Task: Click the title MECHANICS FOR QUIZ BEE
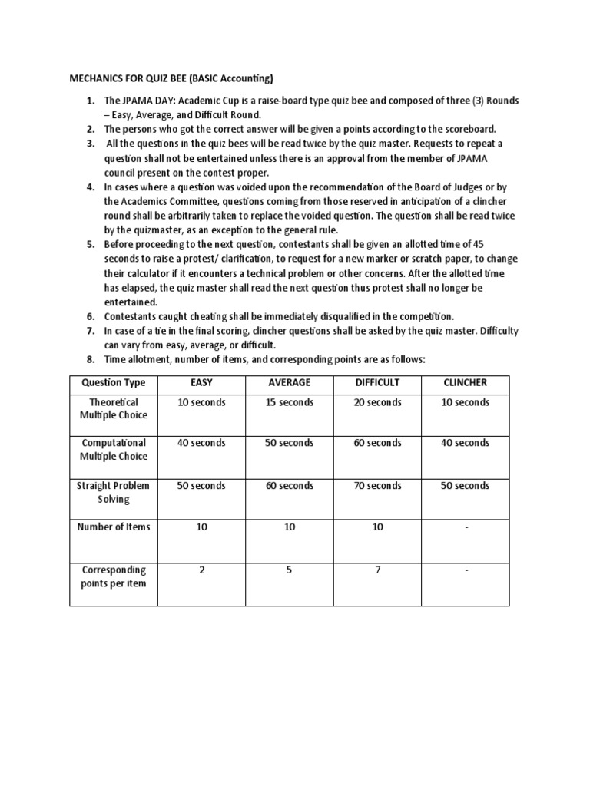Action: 171,78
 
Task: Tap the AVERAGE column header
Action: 289,382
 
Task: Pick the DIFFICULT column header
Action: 376,382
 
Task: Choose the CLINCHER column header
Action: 465,382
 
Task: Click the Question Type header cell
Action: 114,382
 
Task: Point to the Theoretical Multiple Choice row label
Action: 114,409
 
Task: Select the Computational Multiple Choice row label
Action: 114,450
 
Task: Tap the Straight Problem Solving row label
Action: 114,492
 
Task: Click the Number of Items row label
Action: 114,527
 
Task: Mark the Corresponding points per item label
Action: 114,576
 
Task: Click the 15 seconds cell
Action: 289,402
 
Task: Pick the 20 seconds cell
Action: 377,402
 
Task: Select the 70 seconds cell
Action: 377,485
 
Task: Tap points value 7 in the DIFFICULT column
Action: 377,570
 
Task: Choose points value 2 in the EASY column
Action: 201,570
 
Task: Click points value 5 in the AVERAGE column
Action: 289,570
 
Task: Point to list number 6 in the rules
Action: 90,316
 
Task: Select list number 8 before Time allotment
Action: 90,359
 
